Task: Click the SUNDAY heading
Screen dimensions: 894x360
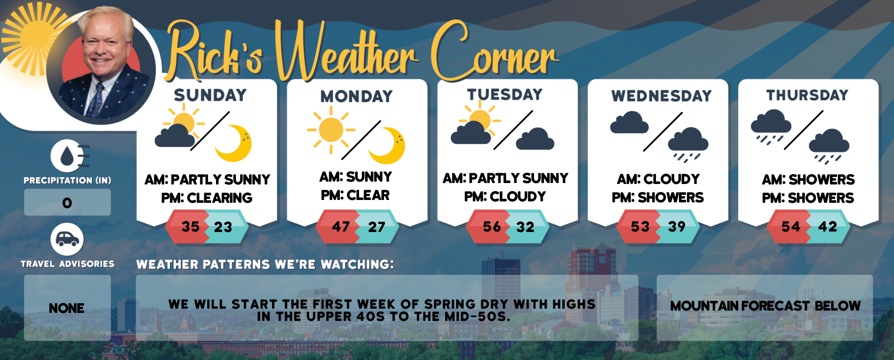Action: click(x=210, y=95)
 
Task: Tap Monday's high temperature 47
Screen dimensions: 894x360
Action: click(x=341, y=227)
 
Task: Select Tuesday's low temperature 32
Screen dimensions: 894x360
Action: click(x=526, y=227)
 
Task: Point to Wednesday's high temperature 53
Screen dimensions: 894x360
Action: click(x=640, y=227)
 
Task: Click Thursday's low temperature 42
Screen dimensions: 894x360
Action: click(x=828, y=226)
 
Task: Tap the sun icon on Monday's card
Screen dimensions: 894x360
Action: click(x=331, y=129)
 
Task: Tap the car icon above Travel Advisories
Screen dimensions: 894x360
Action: click(x=67, y=240)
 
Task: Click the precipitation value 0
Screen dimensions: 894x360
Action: click(x=67, y=203)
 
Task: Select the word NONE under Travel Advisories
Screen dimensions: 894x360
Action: click(x=67, y=308)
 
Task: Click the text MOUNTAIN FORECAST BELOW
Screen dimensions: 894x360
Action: click(x=765, y=306)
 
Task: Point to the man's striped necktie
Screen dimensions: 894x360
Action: click(x=97, y=99)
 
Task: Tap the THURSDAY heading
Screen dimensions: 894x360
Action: click(x=807, y=95)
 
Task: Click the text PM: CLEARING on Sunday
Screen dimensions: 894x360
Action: click(x=207, y=198)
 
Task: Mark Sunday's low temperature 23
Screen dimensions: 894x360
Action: click(x=223, y=227)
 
